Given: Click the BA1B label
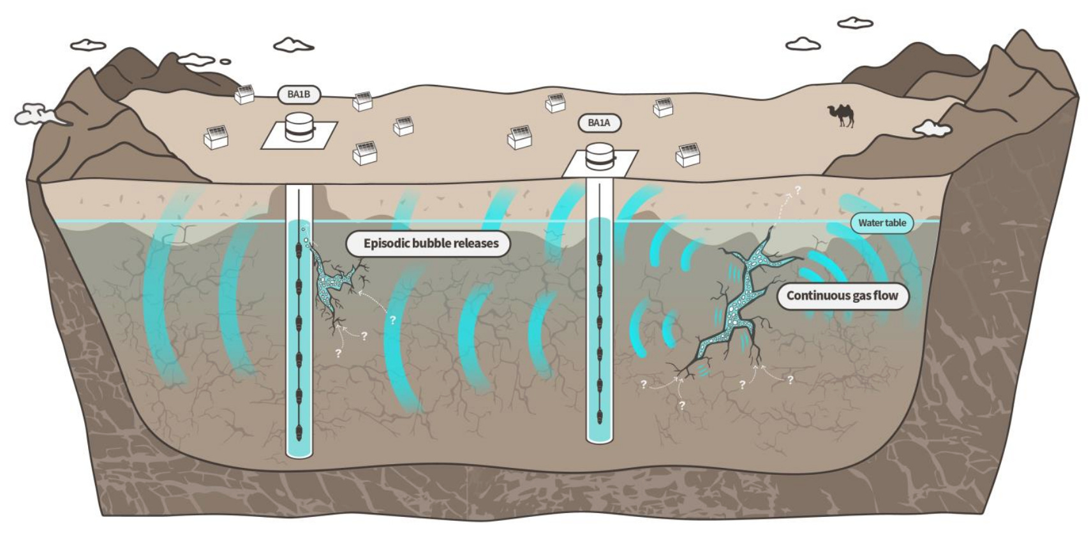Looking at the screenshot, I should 299,94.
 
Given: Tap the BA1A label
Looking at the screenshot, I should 599,122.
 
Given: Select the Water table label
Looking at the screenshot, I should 882,222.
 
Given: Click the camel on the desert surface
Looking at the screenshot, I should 842,115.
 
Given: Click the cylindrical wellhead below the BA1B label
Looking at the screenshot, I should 299,127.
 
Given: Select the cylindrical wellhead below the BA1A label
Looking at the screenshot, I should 600,157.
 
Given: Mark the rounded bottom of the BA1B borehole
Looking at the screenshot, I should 299,452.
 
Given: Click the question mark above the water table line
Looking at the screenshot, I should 798,190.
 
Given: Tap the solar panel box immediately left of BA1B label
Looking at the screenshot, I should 244,94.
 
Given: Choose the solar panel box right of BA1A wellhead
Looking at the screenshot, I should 688,154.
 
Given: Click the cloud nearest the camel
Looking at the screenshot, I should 932,128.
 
